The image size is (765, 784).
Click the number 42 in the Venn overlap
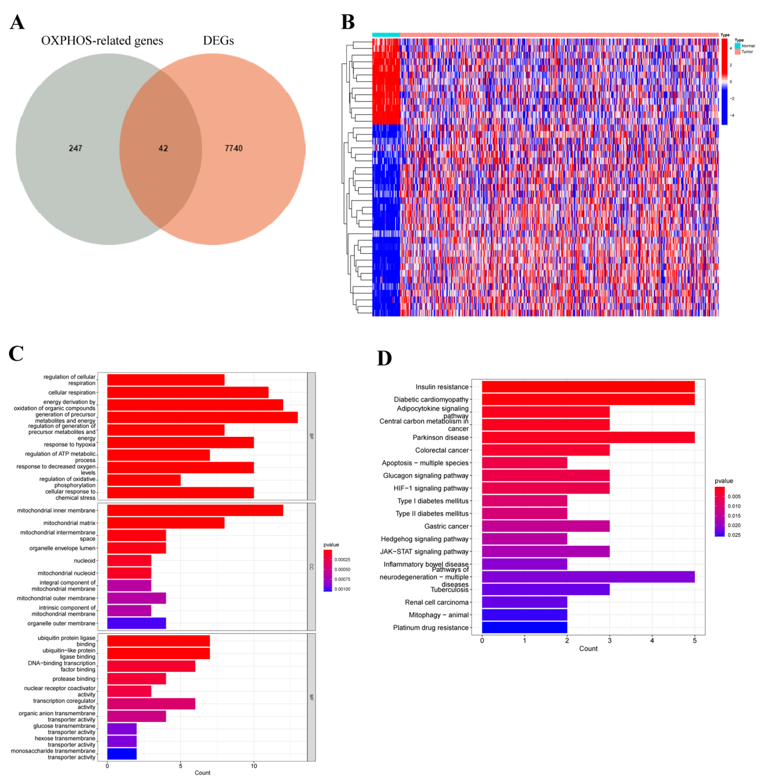(163, 148)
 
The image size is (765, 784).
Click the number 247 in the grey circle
(76, 148)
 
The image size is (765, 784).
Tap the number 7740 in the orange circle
(233, 148)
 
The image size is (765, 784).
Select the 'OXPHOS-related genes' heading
(102, 40)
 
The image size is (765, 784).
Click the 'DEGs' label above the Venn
(219, 40)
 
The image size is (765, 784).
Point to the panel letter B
(348, 22)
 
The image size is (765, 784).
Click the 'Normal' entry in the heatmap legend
(748, 46)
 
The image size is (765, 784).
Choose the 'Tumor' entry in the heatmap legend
(747, 52)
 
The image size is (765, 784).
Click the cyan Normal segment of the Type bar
(386, 35)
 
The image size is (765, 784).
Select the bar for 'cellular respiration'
(188, 392)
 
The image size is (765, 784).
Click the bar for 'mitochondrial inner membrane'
(195, 511)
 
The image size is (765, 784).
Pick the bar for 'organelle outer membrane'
(137, 623)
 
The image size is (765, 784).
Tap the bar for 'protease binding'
(137, 679)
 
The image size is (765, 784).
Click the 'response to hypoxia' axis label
(70, 444)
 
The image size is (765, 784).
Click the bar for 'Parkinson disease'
(588, 437)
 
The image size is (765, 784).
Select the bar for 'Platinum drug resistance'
(524, 627)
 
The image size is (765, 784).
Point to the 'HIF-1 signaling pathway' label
(431, 488)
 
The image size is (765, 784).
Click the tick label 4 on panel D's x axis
(652, 640)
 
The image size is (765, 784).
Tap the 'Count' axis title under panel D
(588, 648)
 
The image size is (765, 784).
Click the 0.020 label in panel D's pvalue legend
(734, 525)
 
